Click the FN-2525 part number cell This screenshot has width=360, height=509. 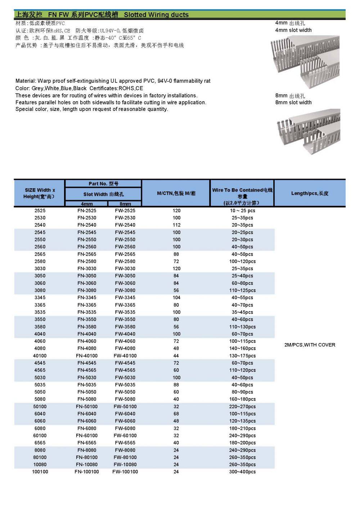[x=87, y=211]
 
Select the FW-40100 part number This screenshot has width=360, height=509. [x=125, y=356]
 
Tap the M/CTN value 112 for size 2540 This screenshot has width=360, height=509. [x=176, y=225]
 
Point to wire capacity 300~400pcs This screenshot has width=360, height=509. [x=242, y=472]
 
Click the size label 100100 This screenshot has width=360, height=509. [x=40, y=472]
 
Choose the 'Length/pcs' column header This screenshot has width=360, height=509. [x=310, y=193]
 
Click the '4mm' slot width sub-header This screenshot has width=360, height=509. [x=87, y=204]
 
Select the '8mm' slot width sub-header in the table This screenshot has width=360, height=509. [x=125, y=204]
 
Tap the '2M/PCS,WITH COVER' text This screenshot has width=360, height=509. [x=310, y=345]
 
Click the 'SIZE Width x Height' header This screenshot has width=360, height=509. [x=40, y=193]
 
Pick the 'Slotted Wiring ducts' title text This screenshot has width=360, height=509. [x=156, y=15]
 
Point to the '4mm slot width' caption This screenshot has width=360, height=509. [x=293, y=30]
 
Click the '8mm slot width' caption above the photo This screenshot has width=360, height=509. [x=293, y=103]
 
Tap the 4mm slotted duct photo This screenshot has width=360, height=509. [x=305, y=62]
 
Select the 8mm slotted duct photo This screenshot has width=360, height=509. [x=308, y=131]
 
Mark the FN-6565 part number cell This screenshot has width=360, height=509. [x=87, y=443]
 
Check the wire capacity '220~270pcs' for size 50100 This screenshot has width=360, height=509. [x=242, y=406]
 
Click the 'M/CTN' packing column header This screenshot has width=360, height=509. [x=176, y=193]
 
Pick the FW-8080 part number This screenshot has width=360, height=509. [x=125, y=450]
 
